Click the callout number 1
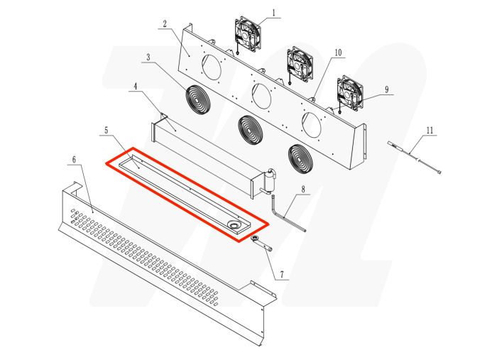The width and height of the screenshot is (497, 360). (275, 13)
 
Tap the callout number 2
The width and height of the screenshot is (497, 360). (165, 23)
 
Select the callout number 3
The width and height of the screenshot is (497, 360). (148, 57)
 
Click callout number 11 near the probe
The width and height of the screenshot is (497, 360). (430, 130)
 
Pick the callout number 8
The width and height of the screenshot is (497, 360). (302, 190)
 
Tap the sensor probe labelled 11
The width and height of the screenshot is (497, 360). (415, 157)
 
